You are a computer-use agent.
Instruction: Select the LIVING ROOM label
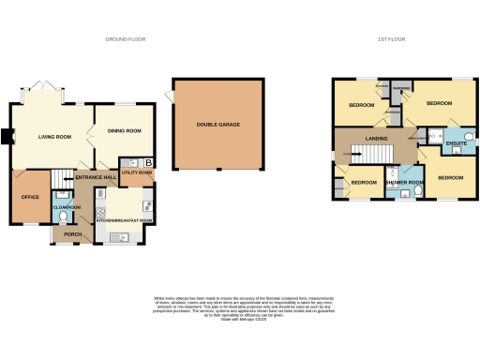[54, 138]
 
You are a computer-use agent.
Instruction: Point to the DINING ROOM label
[125, 131]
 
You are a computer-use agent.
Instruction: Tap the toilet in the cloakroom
[62, 216]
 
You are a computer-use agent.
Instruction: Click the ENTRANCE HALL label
[97, 177]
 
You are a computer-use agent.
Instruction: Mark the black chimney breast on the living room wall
[8, 137]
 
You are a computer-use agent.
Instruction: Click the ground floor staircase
[62, 177]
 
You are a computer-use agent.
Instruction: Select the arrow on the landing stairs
[352, 152]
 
